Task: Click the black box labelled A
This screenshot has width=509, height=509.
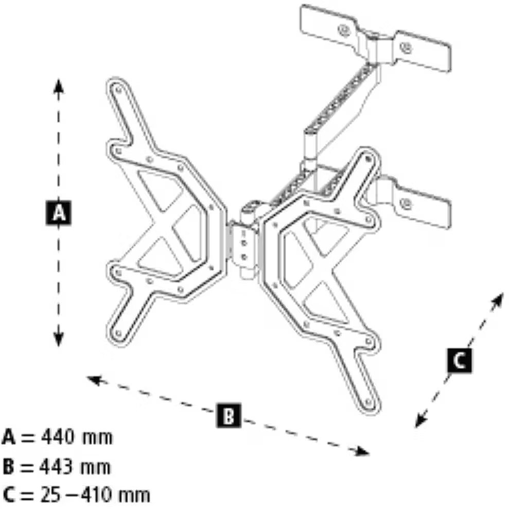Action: coord(59,213)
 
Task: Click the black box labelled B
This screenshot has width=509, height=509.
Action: coord(228,414)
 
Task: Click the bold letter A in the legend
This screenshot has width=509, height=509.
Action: coord(9,438)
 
